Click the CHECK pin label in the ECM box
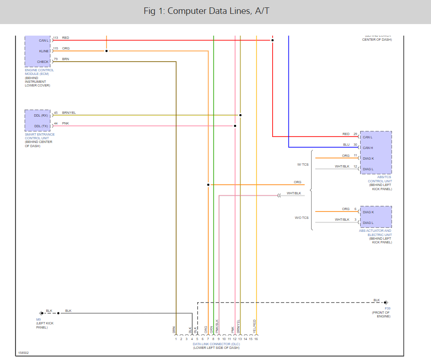click(x=43, y=62)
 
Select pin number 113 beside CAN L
click(x=56, y=38)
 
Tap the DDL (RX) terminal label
click(x=41, y=115)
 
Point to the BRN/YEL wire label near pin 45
click(x=69, y=112)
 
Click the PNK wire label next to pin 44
click(x=65, y=123)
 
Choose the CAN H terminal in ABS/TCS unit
click(x=368, y=148)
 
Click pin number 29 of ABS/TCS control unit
click(x=355, y=134)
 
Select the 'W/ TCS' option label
click(x=303, y=164)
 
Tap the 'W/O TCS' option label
click(x=302, y=217)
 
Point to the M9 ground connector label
click(x=38, y=319)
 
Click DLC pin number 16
click(x=256, y=339)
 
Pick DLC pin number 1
click(x=176, y=339)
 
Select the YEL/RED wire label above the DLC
click(x=255, y=327)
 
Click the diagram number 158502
click(x=24, y=353)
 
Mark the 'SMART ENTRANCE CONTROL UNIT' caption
click(x=40, y=137)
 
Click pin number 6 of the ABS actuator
click(x=356, y=209)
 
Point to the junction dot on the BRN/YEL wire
click(x=240, y=115)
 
